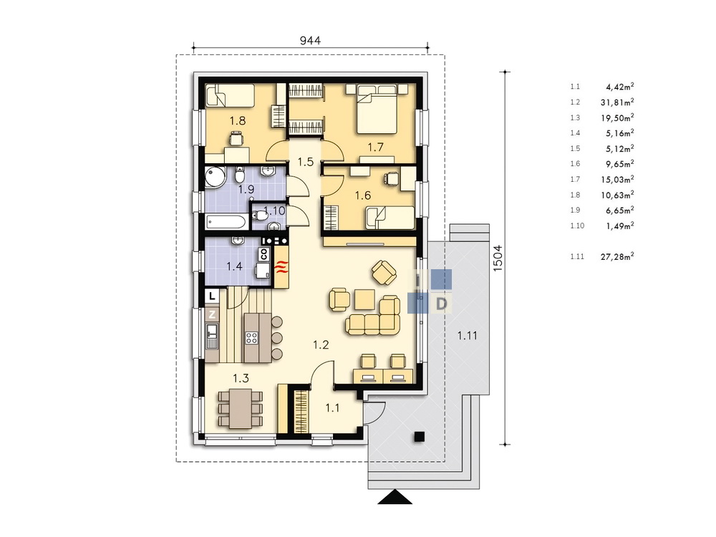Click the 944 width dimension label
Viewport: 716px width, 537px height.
point(310,40)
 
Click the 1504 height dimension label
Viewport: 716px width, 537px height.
point(498,258)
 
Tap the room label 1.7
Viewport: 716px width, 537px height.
point(375,147)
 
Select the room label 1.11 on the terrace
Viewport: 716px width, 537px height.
point(467,336)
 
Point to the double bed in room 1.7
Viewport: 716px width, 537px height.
point(377,109)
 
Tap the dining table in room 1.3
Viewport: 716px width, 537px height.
point(241,408)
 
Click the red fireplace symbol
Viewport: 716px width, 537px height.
point(281,266)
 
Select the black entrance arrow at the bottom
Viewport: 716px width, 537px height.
point(395,498)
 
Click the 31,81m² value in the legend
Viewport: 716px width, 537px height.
point(617,102)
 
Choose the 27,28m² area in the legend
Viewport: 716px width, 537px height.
point(617,256)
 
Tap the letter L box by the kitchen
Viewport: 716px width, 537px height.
point(212,296)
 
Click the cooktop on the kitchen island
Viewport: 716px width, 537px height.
point(251,337)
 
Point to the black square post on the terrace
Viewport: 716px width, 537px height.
point(419,437)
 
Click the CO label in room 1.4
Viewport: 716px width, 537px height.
point(263,253)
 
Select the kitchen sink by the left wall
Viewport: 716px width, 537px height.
point(211,335)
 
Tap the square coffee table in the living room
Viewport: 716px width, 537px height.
point(365,299)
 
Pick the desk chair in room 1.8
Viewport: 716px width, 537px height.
point(235,138)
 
